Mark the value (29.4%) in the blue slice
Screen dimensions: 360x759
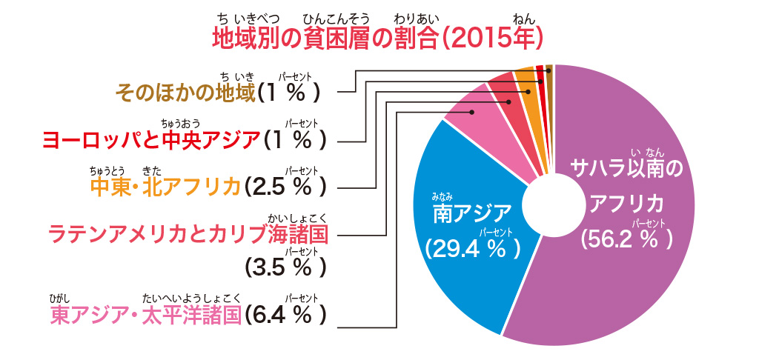(x=473, y=246)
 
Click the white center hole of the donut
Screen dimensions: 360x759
(x=552, y=203)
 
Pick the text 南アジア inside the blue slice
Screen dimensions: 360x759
(x=472, y=214)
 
